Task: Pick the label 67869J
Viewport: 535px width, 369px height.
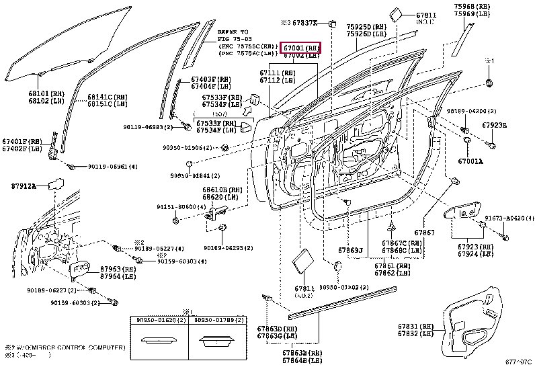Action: (x=351, y=250)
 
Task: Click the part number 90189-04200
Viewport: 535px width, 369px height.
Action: (x=489, y=111)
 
